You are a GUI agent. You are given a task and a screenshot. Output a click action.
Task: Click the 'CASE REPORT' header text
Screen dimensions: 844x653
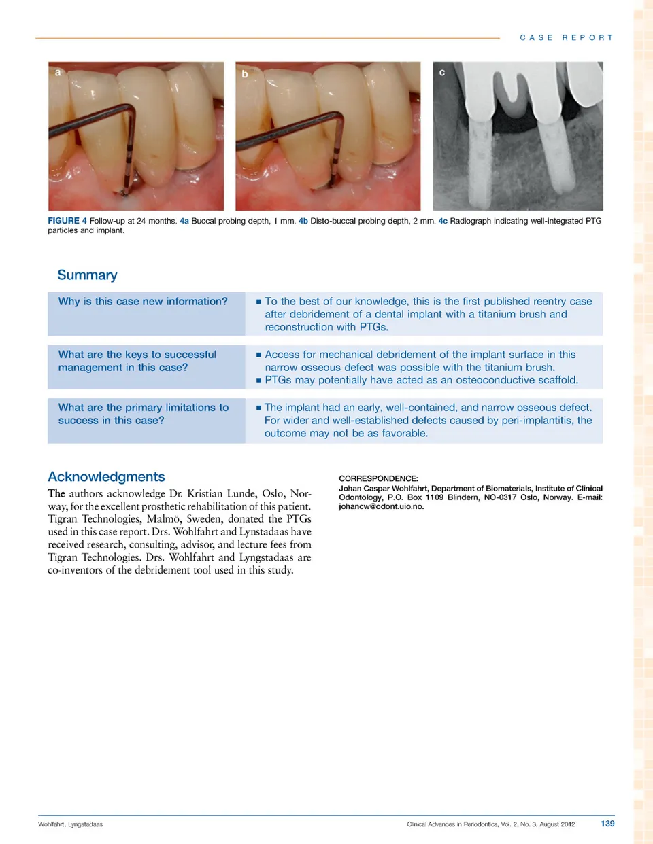pyautogui.click(x=566, y=38)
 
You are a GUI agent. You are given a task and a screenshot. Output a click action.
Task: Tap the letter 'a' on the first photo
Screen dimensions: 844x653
pyautogui.click(x=58, y=72)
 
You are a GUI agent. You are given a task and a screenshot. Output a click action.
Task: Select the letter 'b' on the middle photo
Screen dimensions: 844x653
pyautogui.click(x=245, y=73)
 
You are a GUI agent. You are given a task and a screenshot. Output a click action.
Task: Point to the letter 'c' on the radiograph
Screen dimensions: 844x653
pyautogui.click(x=442, y=72)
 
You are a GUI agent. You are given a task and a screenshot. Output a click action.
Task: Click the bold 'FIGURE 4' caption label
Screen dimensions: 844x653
pyautogui.click(x=67, y=221)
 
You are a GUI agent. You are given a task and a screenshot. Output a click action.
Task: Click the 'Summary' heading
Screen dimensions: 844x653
pyautogui.click(x=87, y=275)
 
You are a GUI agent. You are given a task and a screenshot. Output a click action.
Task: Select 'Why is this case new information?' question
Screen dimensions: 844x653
pyautogui.click(x=143, y=301)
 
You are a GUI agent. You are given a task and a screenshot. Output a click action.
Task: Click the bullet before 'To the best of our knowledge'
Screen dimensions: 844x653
pyautogui.click(x=258, y=302)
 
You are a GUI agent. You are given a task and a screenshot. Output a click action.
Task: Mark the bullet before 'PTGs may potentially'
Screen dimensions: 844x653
pyautogui.click(x=258, y=381)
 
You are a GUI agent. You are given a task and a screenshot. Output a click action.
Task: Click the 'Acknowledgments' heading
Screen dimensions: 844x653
pyautogui.click(x=106, y=477)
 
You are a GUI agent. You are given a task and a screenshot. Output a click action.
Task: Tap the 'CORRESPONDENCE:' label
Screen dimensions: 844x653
pyautogui.click(x=378, y=478)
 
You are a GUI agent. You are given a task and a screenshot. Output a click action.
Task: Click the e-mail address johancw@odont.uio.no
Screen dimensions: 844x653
pyautogui.click(x=381, y=506)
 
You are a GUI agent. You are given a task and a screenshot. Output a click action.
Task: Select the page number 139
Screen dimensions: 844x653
pyautogui.click(x=607, y=824)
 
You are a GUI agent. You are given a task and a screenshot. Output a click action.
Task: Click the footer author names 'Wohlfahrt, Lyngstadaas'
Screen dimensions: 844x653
pyautogui.click(x=70, y=824)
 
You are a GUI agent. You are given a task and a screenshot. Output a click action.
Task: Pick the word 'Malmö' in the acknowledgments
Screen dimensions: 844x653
pyautogui.click(x=164, y=519)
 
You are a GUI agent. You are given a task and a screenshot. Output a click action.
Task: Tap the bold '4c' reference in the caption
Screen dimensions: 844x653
pyautogui.click(x=443, y=221)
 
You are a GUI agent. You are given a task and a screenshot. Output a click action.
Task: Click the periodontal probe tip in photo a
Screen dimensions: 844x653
pyautogui.click(x=124, y=192)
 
